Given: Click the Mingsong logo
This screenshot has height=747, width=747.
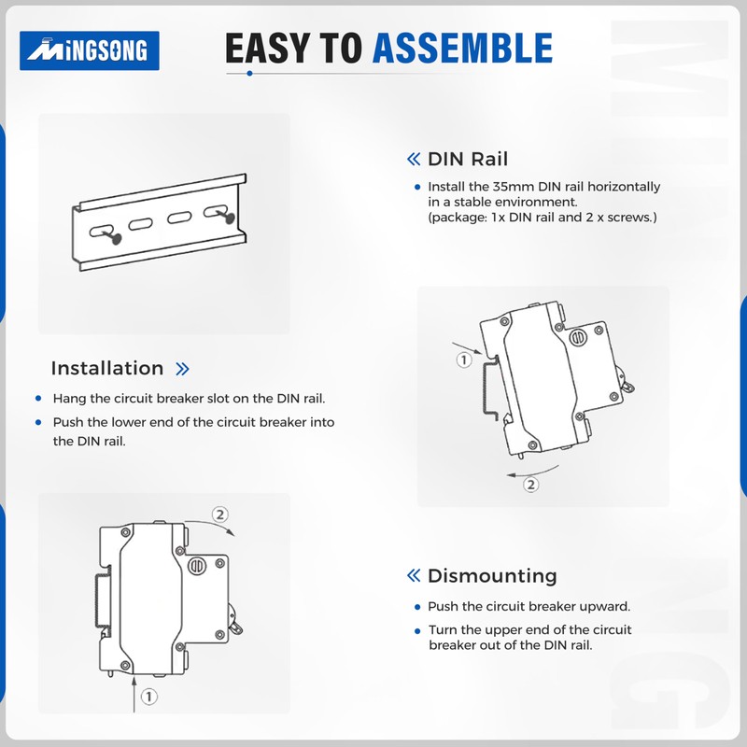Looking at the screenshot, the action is coord(89,50).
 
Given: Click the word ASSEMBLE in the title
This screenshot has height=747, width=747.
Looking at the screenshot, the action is coord(462,49).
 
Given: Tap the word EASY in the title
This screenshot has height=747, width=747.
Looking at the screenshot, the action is coord(269,49).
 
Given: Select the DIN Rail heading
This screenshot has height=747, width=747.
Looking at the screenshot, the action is coord(468,159).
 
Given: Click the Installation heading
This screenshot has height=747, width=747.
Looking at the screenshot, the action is coord(107,368).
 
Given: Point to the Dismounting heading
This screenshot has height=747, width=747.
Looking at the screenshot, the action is coord(492,575).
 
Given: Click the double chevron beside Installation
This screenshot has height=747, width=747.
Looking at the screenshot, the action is coord(182,369).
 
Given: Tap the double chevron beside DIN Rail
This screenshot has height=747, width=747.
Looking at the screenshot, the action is coord(414,159).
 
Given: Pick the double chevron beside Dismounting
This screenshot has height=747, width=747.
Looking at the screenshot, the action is coord(414,575).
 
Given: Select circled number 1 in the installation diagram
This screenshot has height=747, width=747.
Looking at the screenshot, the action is coord(464,359).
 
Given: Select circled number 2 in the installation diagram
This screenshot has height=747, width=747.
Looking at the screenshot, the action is coord(530,485).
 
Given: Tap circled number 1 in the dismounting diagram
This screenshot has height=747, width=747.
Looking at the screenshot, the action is coord(149,697).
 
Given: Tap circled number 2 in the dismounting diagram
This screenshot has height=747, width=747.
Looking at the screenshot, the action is coord(219,514).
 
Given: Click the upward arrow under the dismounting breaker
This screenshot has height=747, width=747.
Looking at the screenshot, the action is coord(134,695).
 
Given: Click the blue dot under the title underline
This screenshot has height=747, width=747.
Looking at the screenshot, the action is coord(249,74).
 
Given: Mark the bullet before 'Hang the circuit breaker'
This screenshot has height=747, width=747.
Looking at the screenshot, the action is coord(38,399).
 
